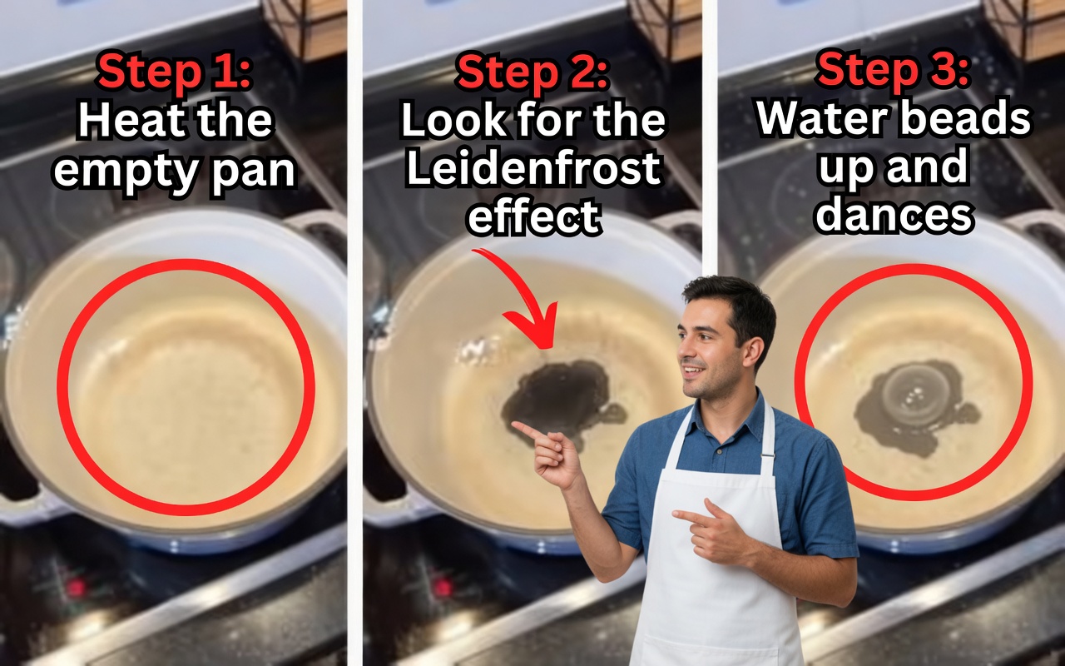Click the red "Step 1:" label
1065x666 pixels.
(x=174, y=72)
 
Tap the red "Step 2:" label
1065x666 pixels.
(x=532, y=72)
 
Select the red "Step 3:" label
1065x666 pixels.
(x=893, y=70)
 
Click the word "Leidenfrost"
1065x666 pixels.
(x=533, y=169)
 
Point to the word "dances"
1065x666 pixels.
(x=894, y=215)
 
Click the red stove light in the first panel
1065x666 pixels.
(x=77, y=588)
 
